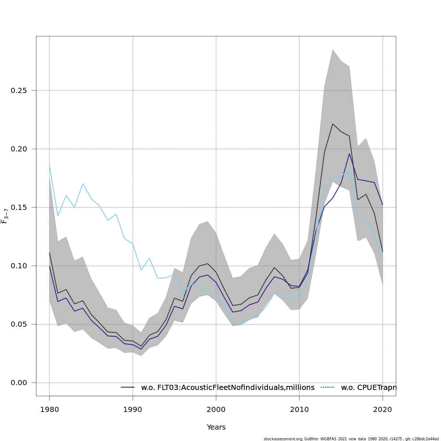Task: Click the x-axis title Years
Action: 216,427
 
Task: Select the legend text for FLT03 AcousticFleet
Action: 228,388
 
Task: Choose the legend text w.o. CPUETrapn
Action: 369,388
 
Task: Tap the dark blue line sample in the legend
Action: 128,388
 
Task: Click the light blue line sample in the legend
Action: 328,388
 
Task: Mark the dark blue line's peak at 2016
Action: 349,154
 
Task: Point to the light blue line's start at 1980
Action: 50,165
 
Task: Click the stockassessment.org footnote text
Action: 351,439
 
